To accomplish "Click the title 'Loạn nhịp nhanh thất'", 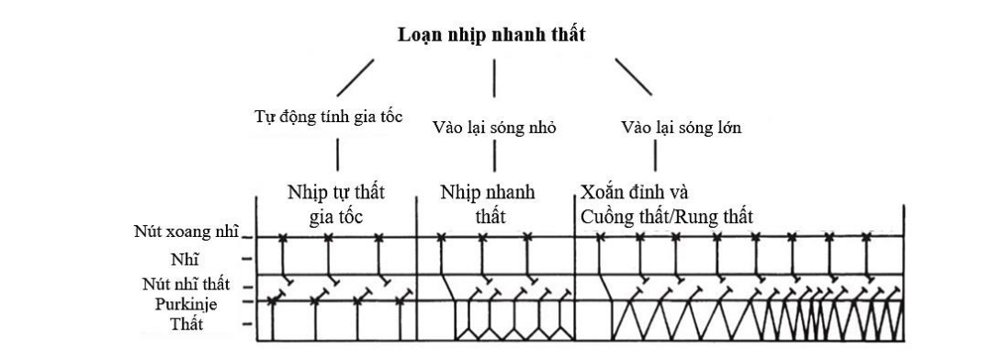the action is [491, 36].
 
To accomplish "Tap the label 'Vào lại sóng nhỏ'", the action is [493, 128].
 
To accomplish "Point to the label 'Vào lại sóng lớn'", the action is [681, 128].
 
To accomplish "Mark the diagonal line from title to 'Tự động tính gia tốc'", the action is [355, 78].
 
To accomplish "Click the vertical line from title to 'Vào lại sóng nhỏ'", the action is [495, 78].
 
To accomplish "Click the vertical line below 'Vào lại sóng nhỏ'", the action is [495, 157].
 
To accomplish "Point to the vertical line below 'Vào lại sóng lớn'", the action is [681, 157].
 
